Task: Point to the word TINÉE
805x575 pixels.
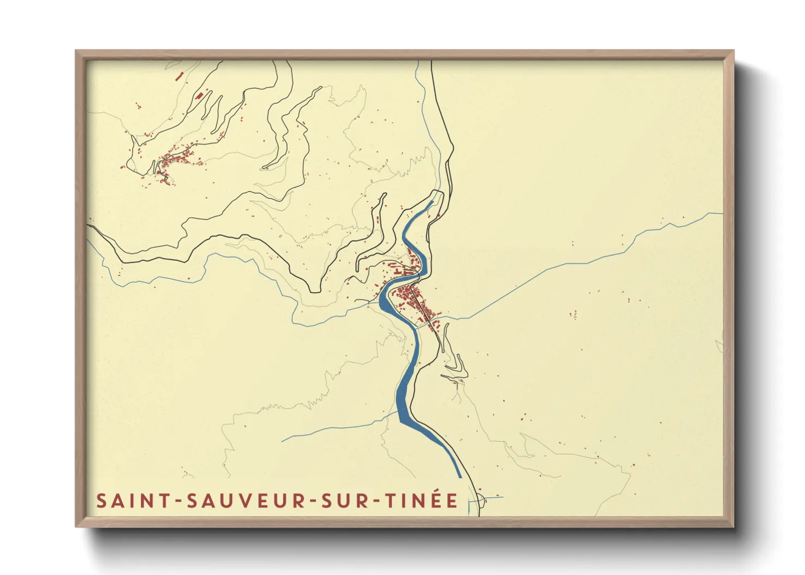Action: click(x=422, y=501)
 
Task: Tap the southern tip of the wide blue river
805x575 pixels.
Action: click(x=460, y=477)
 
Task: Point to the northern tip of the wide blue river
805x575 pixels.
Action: click(x=432, y=202)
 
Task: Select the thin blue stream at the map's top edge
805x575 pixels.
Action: click(x=417, y=64)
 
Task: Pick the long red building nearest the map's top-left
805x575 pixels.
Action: click(x=179, y=76)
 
